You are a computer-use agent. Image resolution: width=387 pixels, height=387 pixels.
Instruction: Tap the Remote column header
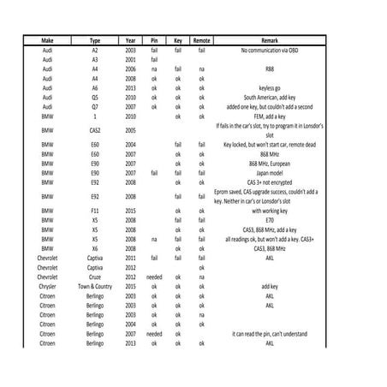point(201,41)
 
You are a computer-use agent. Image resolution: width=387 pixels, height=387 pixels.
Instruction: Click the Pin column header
point(154,41)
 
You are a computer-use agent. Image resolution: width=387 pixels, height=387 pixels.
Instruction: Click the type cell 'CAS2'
point(95,129)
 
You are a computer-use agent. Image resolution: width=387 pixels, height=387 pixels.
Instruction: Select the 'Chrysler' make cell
point(48,286)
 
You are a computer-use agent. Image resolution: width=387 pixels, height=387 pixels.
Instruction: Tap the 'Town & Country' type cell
point(95,286)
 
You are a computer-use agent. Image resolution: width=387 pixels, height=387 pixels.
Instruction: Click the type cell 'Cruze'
point(95,277)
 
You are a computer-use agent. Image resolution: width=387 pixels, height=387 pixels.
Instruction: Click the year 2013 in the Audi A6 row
point(130,87)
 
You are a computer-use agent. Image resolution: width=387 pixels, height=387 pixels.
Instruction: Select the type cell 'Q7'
point(95,106)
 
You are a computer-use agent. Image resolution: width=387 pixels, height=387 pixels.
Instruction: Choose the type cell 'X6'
point(95,248)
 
